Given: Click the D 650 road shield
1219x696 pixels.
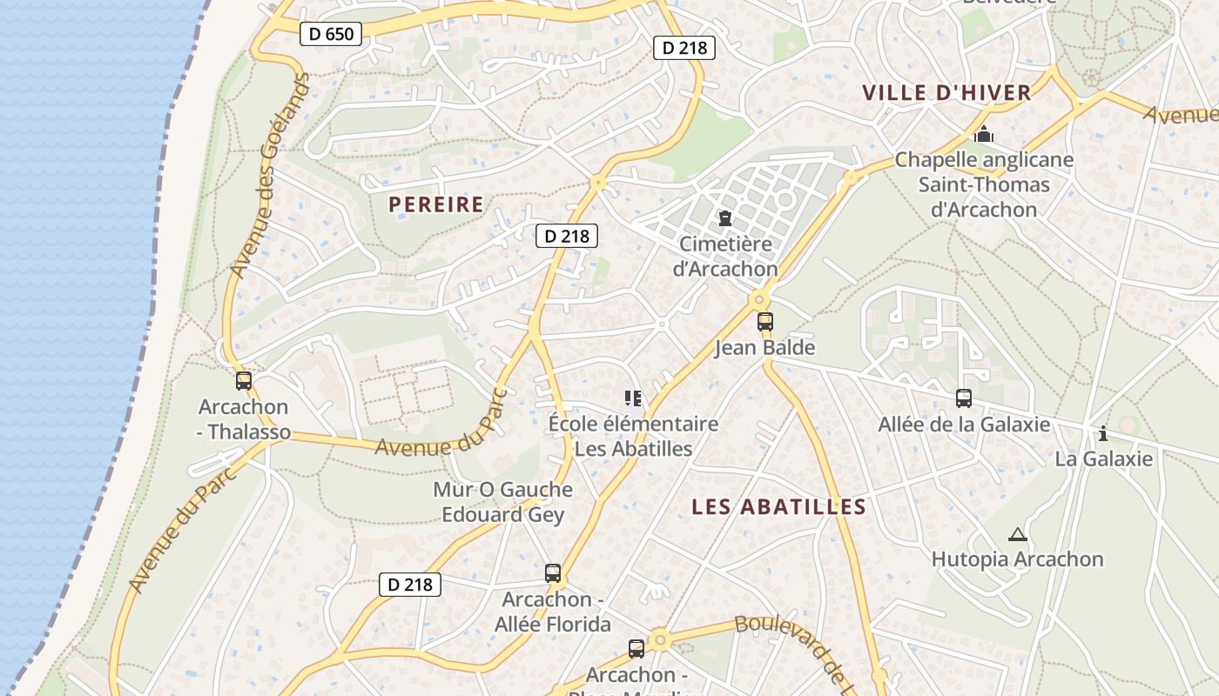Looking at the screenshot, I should point(331,34).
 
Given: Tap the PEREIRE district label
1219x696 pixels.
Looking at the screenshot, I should point(435,204).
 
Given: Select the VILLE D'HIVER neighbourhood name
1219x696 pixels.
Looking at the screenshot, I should point(946,92).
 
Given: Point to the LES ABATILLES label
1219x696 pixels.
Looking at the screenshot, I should point(778,507).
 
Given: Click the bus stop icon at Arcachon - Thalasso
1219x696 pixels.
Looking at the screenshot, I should point(244,380).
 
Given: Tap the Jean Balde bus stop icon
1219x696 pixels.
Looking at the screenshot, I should point(764,322).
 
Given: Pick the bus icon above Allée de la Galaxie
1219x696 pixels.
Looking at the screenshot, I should point(963,398).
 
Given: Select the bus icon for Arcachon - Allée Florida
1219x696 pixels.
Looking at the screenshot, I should point(553,573).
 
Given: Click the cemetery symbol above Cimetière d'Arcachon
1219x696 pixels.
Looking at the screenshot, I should point(724,217).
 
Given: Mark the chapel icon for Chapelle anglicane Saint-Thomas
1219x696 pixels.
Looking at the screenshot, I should point(984,134).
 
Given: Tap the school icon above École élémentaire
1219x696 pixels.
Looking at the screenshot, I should point(633,398).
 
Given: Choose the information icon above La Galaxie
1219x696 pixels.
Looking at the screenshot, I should point(1103,432).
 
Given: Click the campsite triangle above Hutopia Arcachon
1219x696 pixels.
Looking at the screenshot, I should point(1017,534).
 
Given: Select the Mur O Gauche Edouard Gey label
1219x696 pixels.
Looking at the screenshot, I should point(502,502).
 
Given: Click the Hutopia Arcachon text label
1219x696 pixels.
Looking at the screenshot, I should point(1017,559).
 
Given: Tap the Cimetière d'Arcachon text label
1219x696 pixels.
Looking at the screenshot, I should point(724,257).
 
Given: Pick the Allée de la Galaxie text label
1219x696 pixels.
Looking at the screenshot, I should point(963,425).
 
